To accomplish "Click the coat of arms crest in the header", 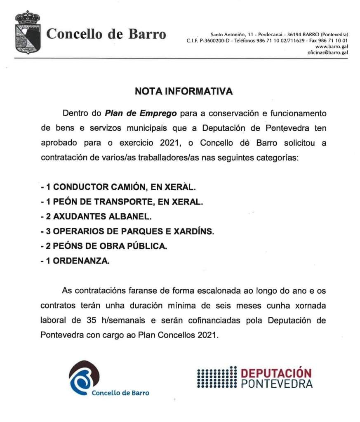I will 28,33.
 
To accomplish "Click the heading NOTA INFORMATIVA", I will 184,92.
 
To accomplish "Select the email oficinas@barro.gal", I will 328,52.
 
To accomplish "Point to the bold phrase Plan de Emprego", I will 141,113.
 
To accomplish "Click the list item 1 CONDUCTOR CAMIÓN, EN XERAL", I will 118,187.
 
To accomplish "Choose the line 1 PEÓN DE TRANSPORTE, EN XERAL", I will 122,202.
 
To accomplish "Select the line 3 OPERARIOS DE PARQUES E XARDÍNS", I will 127,231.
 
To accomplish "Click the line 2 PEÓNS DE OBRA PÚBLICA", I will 104,246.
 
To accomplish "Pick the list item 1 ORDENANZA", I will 75,261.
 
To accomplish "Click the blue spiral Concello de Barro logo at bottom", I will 85,377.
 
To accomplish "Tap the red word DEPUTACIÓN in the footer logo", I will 276,373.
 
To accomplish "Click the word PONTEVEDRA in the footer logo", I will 276,384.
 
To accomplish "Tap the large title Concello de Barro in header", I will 106,33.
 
